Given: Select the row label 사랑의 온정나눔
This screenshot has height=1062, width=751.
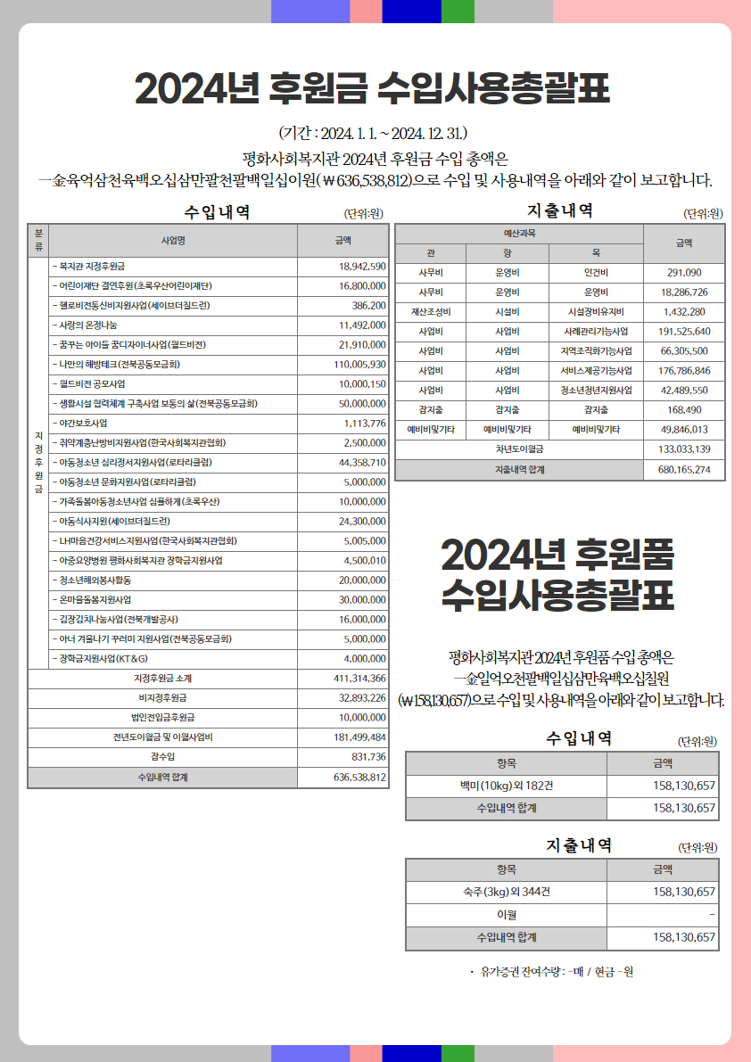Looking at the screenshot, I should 87,325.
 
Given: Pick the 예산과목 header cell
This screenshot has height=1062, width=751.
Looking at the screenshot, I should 519,233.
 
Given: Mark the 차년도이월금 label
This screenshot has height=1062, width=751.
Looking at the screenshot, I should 519,449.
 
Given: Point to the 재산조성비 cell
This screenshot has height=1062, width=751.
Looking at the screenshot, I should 431,311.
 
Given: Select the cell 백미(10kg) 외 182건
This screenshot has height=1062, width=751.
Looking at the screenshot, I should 506,786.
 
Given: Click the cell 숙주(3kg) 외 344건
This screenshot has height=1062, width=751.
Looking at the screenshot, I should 506,892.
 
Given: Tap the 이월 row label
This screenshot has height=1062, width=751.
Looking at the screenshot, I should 506,915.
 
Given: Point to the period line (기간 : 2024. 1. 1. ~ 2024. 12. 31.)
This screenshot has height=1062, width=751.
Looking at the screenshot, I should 375,134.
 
